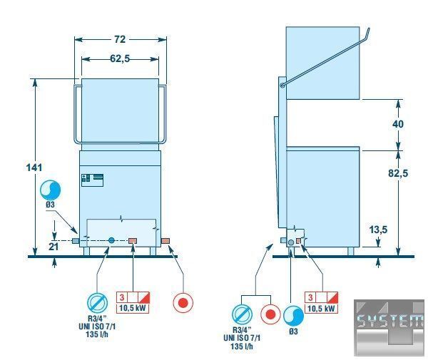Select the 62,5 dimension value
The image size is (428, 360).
click(121, 58)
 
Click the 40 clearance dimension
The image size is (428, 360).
click(398, 124)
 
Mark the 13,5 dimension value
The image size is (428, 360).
click(397, 230)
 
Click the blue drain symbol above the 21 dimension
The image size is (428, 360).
click(50, 190)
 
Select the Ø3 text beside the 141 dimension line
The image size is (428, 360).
click(50, 205)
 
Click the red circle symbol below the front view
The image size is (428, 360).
click(183, 302)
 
